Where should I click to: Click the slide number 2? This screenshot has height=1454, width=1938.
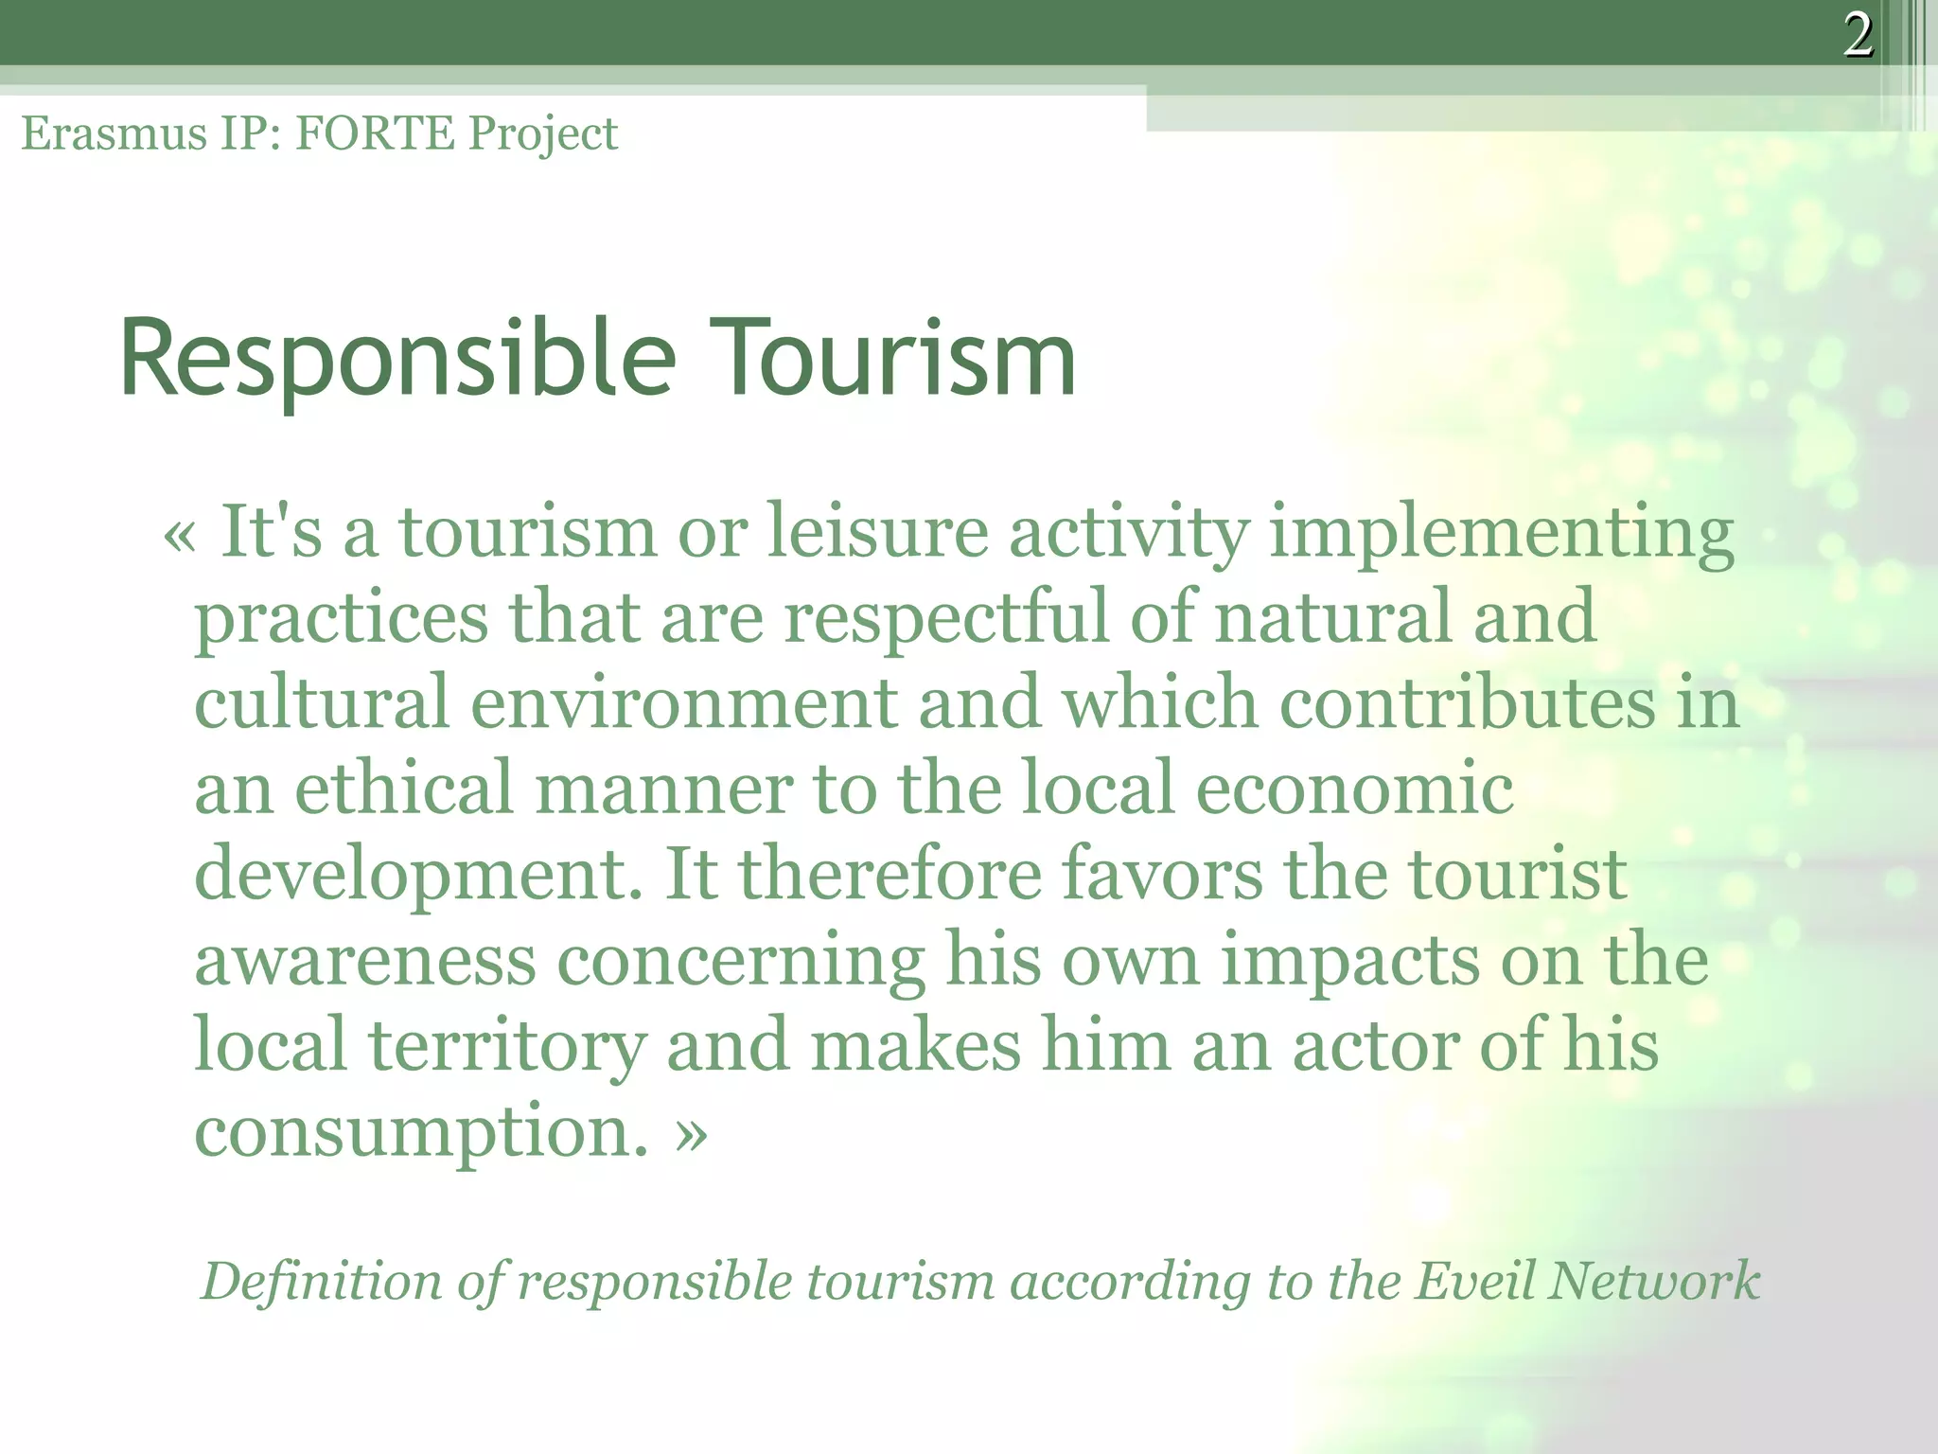click(x=1858, y=36)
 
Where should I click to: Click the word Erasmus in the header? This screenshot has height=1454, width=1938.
click(x=114, y=133)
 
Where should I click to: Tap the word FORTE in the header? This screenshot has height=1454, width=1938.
click(x=375, y=133)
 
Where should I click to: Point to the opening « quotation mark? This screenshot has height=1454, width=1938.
click(x=180, y=536)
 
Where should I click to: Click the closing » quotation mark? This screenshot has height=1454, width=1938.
click(x=692, y=1132)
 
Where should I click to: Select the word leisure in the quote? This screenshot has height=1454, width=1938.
click(x=876, y=532)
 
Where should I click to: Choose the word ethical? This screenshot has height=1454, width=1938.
click(x=403, y=789)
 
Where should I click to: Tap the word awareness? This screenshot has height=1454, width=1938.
click(x=365, y=961)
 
